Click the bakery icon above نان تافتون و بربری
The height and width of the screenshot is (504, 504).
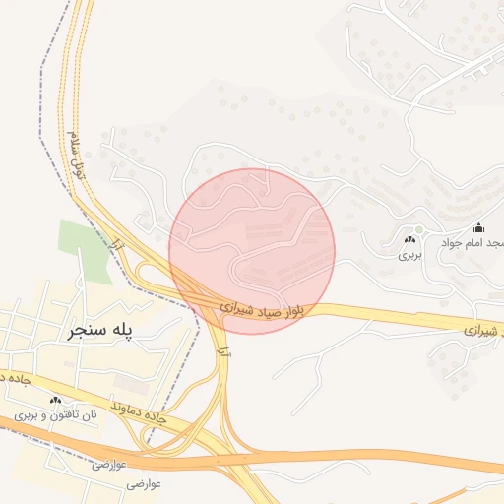point(56,400)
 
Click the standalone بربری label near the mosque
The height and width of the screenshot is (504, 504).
point(409,254)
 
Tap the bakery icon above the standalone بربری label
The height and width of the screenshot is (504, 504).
point(409,239)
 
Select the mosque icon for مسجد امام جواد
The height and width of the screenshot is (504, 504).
point(479,228)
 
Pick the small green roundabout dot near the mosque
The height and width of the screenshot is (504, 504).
point(418,230)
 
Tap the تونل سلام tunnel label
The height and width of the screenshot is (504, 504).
point(76,153)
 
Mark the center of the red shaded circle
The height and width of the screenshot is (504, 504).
point(252,250)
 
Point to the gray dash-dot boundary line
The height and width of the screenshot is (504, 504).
point(45,148)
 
